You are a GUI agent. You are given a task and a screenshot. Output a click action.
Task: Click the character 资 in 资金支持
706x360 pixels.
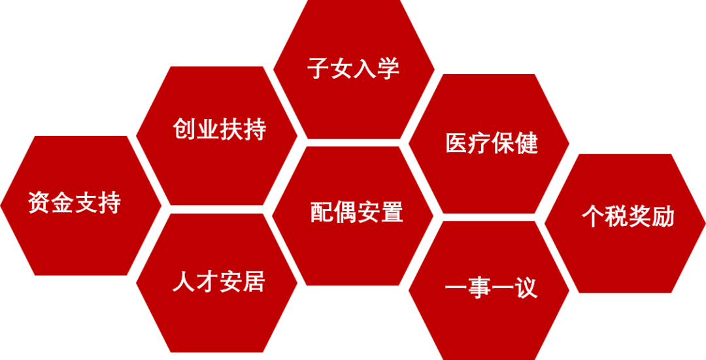click(x=40, y=203)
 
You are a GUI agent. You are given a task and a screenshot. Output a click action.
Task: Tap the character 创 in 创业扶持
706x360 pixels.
click(x=184, y=129)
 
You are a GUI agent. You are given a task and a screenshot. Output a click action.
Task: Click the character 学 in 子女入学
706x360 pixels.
click(x=388, y=69)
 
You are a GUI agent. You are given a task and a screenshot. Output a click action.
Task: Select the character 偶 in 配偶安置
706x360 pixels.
click(x=345, y=212)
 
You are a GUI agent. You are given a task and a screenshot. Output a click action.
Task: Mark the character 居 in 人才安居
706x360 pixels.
click(x=254, y=282)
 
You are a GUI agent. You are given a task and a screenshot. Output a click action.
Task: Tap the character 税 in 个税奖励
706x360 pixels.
click(x=616, y=217)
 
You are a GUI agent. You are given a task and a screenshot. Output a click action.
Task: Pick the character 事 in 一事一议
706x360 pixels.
click(x=479, y=288)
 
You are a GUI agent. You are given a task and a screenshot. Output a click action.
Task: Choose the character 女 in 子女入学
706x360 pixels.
click(x=342, y=69)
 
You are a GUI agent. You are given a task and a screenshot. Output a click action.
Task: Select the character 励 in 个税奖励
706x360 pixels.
click(x=663, y=217)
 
